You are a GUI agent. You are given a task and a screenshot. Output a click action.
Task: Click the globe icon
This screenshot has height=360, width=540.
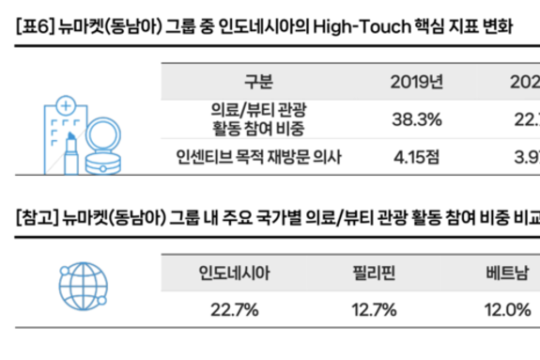click(x=72, y=290)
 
